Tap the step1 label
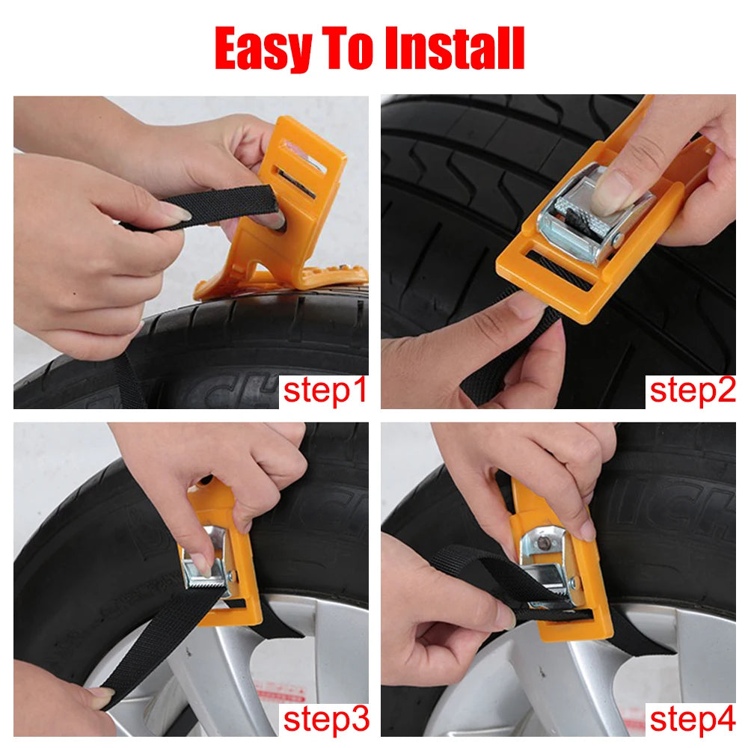pos(325,390)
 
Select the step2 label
pos(692,390)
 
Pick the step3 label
pos(325,719)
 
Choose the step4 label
pos(692,719)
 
